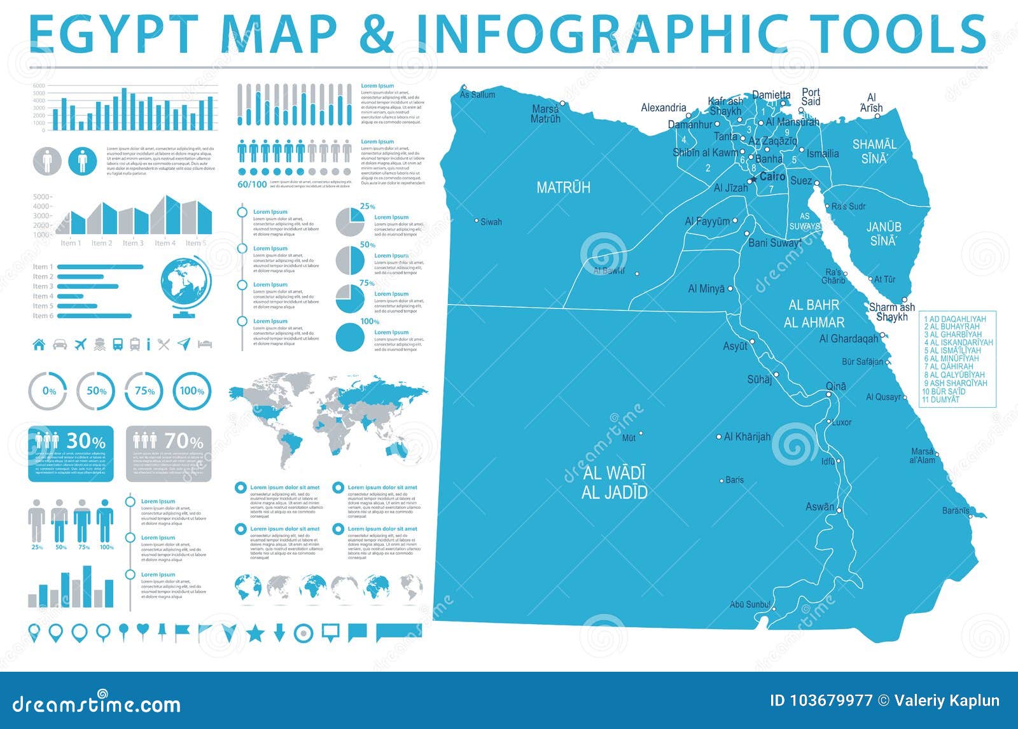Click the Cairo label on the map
[772, 177]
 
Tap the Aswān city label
[819, 507]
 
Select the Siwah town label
[491, 222]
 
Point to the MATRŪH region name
[563, 188]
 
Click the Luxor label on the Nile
[841, 422]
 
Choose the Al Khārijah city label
[747, 437]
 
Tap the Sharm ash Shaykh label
[892, 312]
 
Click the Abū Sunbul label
[750, 604]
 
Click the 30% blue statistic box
[71, 454]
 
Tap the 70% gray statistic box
[169, 454]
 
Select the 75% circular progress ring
[144, 391]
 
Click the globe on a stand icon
[186, 287]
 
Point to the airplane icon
[80, 345]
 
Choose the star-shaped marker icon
[255, 633]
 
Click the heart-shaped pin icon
[143, 630]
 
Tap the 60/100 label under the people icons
[252, 184]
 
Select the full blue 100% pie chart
[350, 338]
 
